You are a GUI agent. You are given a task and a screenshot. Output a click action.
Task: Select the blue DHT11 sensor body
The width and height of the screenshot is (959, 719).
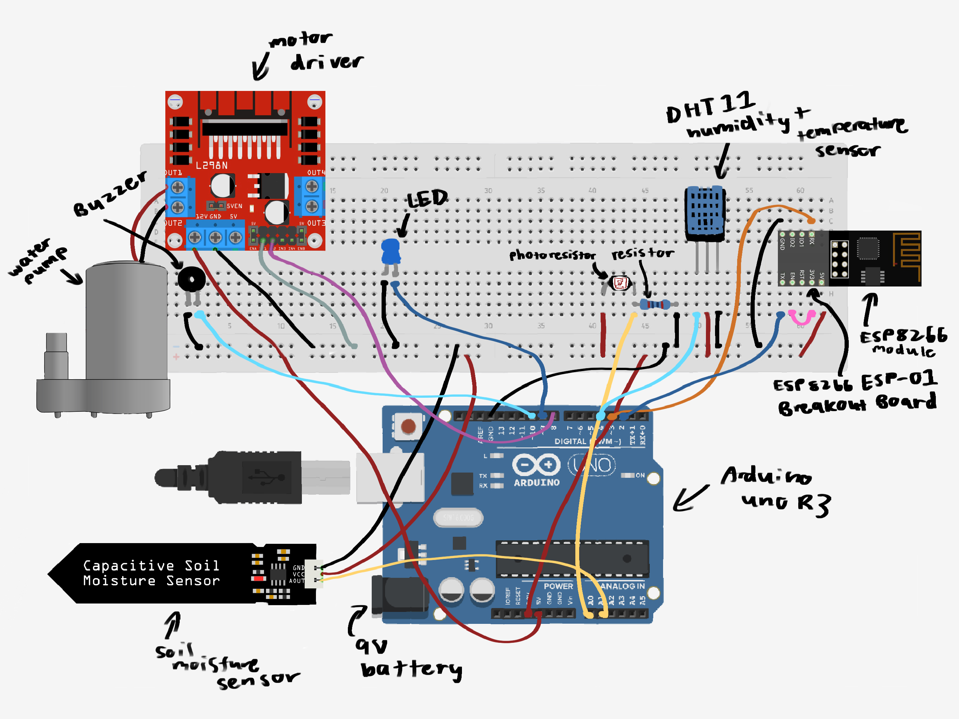[x=705, y=212]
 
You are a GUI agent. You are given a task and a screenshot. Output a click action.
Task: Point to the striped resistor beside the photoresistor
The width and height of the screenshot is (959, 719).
[x=655, y=304]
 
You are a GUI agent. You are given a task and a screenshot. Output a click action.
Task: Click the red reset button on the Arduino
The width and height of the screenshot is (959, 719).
[x=408, y=426]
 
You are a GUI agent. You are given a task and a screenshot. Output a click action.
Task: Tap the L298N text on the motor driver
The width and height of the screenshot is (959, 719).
[x=212, y=165]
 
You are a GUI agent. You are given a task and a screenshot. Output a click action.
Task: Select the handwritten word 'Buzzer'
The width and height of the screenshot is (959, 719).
[x=111, y=194]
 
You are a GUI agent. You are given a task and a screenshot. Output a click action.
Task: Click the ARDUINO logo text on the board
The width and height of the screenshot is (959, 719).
[x=536, y=482]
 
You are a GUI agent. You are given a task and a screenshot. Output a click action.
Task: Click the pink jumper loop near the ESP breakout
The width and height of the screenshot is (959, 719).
[x=801, y=318]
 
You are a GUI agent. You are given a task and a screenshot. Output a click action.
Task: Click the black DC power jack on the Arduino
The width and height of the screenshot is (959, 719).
[x=399, y=596]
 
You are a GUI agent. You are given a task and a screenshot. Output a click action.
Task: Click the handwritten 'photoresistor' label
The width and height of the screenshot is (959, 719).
[x=552, y=256]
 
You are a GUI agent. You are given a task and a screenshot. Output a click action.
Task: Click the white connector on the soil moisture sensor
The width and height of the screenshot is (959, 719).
[x=313, y=574]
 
